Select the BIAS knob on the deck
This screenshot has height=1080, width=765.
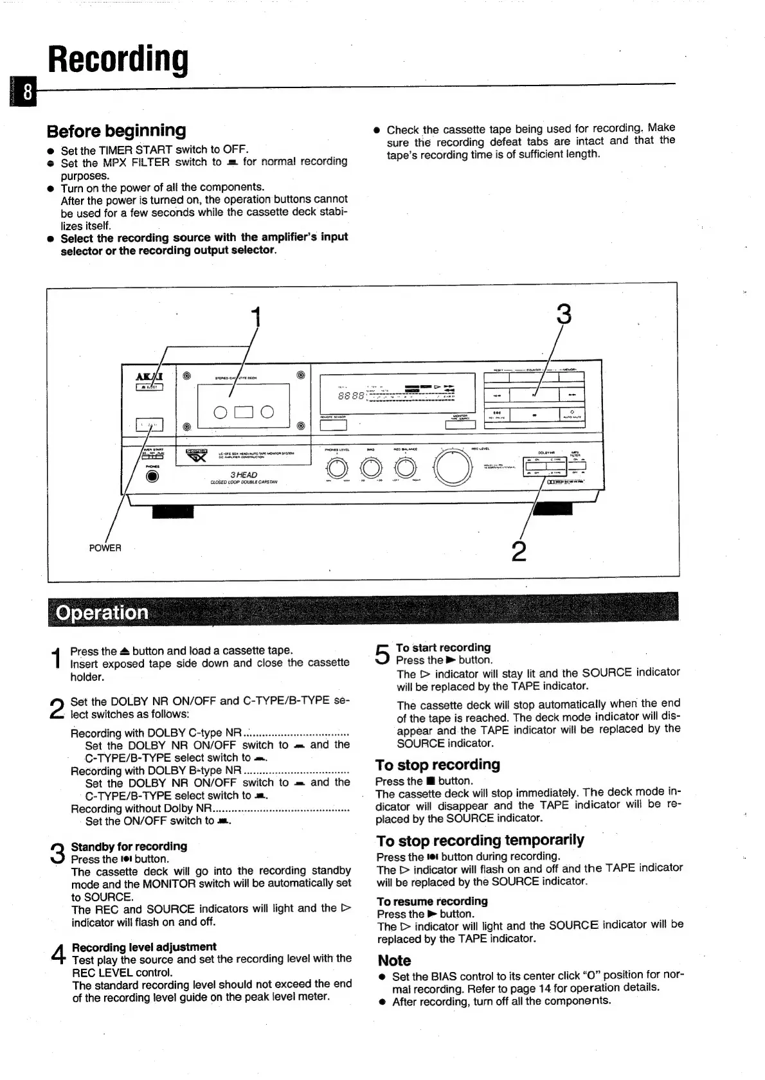tap(371, 467)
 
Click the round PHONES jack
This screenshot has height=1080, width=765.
tap(152, 476)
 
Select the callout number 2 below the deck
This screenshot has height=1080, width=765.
tap(518, 550)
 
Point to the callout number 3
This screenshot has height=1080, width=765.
tap(563, 314)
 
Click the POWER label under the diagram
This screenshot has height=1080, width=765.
tap(105, 548)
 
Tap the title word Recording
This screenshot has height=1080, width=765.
tap(119, 60)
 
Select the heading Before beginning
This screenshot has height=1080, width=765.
tap(116, 130)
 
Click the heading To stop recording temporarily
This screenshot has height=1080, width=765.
tap(480, 840)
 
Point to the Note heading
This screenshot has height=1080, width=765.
tap(394, 960)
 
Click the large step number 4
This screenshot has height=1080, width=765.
tap(59, 955)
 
